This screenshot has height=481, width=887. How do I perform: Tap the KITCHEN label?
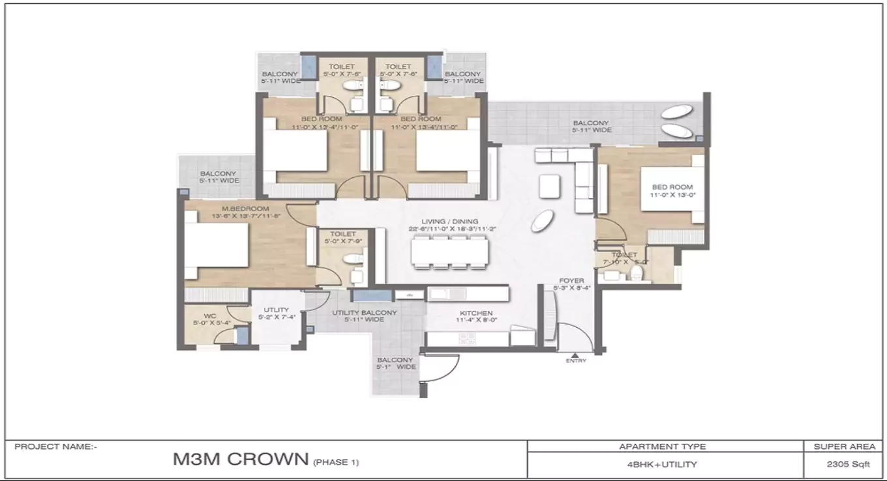pyautogui.click(x=476, y=313)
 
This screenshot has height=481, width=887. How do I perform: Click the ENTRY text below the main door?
pyautogui.click(x=576, y=360)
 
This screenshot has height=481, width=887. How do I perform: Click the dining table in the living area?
pyautogui.click(x=449, y=252)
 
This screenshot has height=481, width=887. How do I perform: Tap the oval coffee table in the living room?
pyautogui.click(x=541, y=222)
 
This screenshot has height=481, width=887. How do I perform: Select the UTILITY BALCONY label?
pyautogui.click(x=364, y=313)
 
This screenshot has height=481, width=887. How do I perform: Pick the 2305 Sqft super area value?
pyautogui.click(x=843, y=465)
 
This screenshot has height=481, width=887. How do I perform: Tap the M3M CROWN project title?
pyautogui.click(x=239, y=459)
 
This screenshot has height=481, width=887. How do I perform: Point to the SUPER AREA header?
pyautogui.click(x=843, y=446)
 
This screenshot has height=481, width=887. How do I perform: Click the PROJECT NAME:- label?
pyautogui.click(x=55, y=446)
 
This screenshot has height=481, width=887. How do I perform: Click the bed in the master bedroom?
pyautogui.click(x=217, y=246)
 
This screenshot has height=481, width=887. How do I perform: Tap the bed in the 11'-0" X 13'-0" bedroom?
pyautogui.click(x=672, y=189)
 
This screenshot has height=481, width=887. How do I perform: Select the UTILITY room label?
pyautogui.click(x=276, y=311)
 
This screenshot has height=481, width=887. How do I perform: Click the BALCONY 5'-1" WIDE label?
pyautogui.click(x=395, y=363)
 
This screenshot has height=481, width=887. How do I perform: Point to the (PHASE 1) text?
pyautogui.click(x=336, y=463)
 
